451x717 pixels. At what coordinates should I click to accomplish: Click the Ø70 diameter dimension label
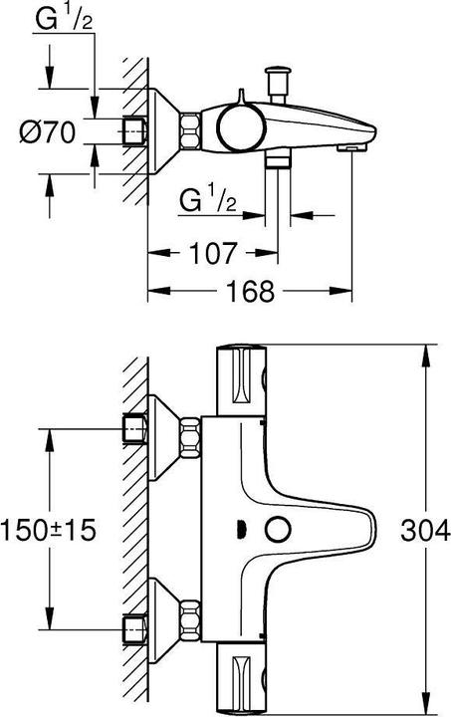point(47,132)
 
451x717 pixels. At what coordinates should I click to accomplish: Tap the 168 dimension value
point(244,291)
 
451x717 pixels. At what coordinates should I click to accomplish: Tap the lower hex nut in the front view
point(190,620)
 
